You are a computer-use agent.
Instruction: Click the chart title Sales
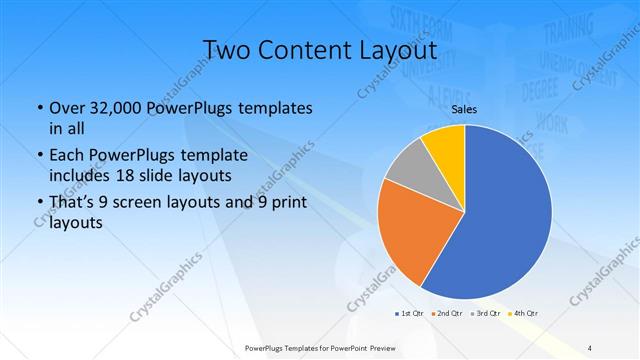point(463,109)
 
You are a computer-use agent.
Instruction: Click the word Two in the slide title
point(227,49)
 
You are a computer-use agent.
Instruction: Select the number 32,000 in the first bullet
point(113,108)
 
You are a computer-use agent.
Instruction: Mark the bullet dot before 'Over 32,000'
point(37,108)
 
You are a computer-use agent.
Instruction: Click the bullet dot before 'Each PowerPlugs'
point(37,155)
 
